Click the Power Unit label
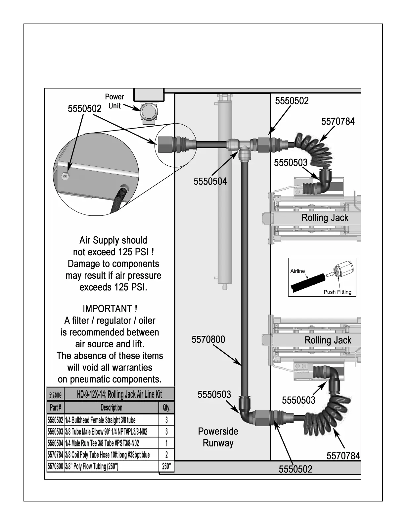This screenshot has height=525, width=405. [x=114, y=101]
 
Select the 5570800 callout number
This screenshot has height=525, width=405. [x=208, y=339]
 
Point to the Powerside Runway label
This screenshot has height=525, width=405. [x=218, y=437]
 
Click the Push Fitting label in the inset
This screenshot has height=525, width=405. [x=337, y=292]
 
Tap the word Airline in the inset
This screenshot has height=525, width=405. [x=297, y=271]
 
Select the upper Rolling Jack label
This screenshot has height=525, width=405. [x=325, y=218]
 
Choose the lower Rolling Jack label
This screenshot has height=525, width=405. [x=328, y=340]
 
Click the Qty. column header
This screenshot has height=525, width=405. [x=166, y=408]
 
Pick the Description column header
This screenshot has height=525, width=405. [x=112, y=408]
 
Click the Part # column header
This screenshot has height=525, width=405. [x=55, y=408]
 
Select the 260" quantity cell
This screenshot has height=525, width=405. [x=166, y=466]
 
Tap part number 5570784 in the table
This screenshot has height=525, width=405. [x=55, y=455]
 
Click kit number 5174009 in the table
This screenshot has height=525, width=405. [x=55, y=395]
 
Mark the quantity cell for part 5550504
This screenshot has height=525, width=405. [x=166, y=443]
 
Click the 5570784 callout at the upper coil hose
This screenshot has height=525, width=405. [x=338, y=121]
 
